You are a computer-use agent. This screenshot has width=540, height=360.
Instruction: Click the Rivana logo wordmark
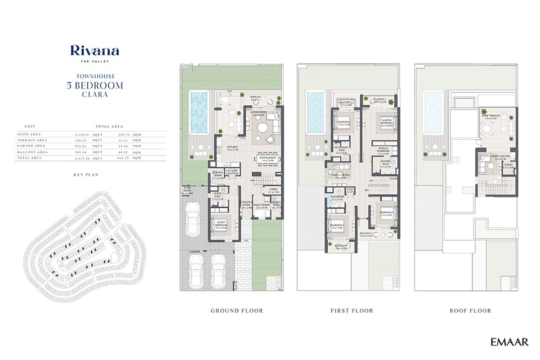tap(94, 51)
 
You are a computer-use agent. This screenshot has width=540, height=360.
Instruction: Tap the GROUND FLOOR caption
tap(237, 311)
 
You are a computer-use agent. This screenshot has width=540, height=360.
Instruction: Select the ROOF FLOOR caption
tap(470, 311)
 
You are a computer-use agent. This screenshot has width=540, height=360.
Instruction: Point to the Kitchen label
tap(233, 147)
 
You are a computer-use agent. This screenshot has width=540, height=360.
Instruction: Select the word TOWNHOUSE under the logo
tap(94, 77)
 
